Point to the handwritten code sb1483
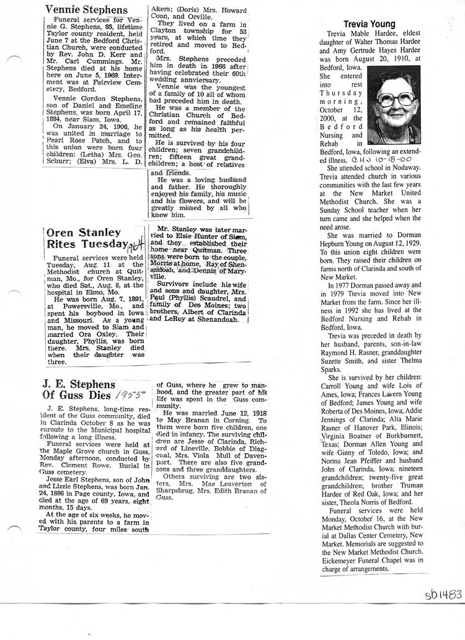(443, 595)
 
